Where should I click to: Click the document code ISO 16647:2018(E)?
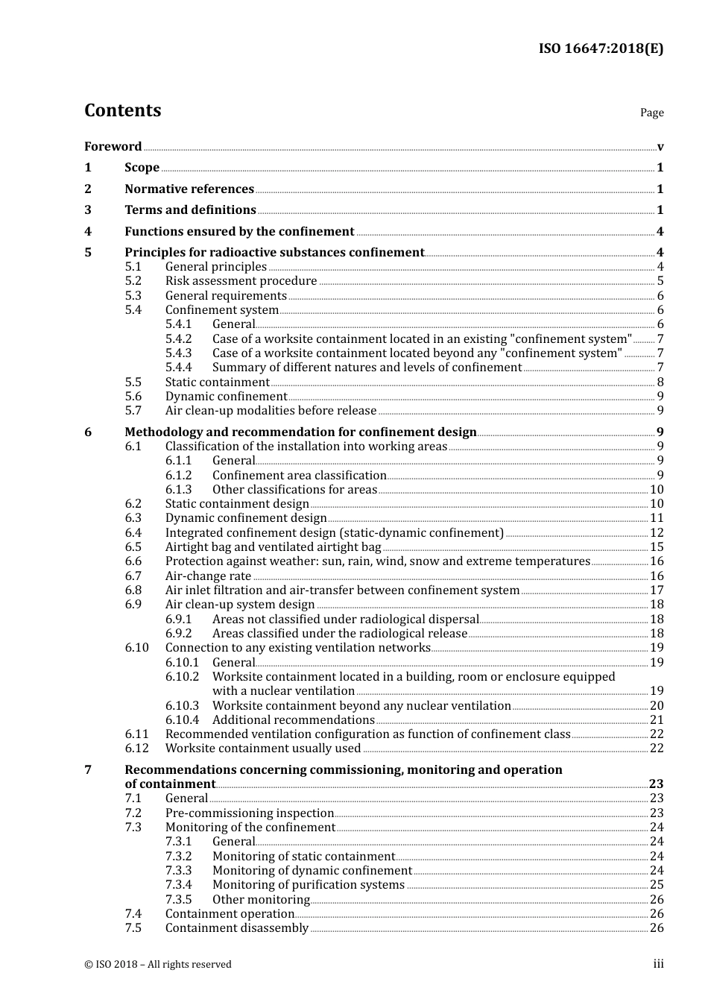coord(601,48)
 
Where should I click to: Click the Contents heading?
coord(122,110)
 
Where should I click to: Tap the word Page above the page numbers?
coord(651,113)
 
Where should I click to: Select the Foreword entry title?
coord(113,146)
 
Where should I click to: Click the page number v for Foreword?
coord(660,147)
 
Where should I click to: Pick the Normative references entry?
coord(189,189)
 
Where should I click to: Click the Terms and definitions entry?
coord(190,210)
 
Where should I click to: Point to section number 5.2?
coord(133,281)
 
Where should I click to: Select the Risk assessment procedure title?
coord(241,281)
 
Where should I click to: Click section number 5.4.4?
coord(178,368)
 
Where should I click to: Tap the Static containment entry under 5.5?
coord(217,382)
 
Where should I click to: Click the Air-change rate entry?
coord(208,576)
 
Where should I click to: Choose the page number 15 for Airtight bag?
coord(657,547)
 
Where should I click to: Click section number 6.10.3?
coord(182,706)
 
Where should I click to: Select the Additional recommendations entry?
coord(293,720)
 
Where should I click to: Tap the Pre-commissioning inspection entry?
coord(249,813)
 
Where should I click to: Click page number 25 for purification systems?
coord(657,885)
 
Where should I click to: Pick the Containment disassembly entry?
coord(236,928)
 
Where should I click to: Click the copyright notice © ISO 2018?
coord(157,964)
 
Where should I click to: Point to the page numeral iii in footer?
coord(658,964)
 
